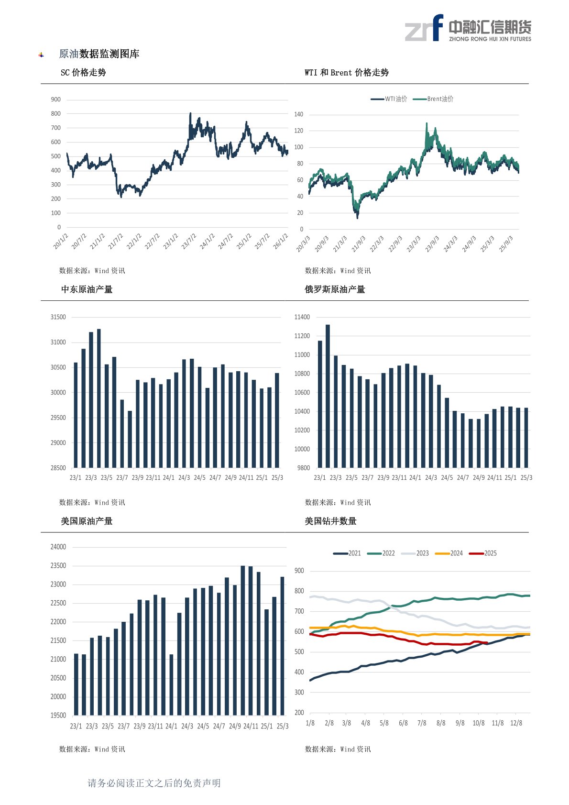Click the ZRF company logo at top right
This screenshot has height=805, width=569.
[x=468, y=28]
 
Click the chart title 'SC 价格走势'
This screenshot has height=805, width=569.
[x=83, y=73]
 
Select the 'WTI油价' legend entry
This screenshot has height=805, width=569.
[x=390, y=99]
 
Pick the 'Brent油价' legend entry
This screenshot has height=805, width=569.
[x=434, y=99]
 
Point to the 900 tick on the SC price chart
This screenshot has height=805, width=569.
[x=56, y=99]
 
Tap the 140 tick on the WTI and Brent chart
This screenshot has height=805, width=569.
[x=298, y=114]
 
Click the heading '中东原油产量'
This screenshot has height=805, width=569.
[x=87, y=289]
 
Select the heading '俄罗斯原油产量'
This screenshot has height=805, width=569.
[x=335, y=289]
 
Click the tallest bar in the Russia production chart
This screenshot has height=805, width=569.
[x=328, y=396]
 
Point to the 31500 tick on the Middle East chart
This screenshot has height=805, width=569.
[x=58, y=317]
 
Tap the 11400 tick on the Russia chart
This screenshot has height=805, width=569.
[x=302, y=317]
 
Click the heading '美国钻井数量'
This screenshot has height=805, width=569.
[x=330, y=521]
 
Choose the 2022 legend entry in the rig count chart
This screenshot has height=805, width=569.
[x=382, y=553]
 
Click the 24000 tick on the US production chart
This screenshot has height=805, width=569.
[x=58, y=547]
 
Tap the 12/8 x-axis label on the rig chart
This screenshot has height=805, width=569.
[x=516, y=723]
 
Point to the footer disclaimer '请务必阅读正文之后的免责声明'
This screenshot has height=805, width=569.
[x=154, y=783]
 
